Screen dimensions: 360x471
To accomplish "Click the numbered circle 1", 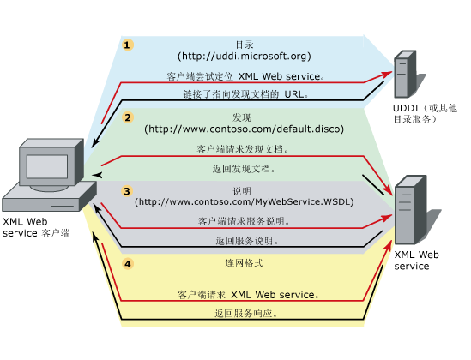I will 128,45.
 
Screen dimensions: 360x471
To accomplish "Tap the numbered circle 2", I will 128,117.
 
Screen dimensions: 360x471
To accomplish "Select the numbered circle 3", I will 127,191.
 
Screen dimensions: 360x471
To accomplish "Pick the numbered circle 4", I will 128,264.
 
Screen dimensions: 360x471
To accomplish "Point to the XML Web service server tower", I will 409,210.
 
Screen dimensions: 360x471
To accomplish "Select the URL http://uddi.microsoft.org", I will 244,57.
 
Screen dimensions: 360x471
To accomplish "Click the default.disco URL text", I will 244,129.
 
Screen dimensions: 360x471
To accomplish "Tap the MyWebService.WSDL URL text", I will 244,201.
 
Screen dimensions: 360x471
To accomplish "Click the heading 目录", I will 244,45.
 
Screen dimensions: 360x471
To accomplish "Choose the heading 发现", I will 244,117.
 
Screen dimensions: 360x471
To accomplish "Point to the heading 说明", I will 244,190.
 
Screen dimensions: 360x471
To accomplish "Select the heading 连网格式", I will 244,260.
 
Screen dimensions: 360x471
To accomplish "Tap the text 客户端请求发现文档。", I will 243,149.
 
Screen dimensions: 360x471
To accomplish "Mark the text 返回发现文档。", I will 244,169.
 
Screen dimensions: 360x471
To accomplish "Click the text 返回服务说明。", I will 244,241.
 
